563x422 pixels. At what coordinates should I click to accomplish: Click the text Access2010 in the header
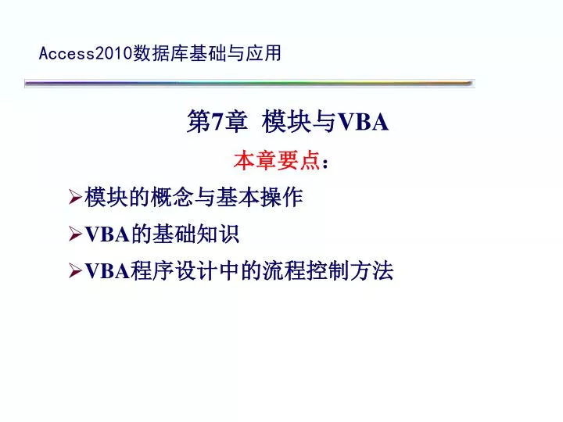(86, 53)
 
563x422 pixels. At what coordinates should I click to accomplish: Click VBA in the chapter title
(364, 121)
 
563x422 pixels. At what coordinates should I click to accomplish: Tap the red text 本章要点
(277, 161)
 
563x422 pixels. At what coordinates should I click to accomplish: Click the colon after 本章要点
(325, 163)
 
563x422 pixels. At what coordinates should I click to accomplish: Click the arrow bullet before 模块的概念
(76, 199)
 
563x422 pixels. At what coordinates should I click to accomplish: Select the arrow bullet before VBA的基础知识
(76, 234)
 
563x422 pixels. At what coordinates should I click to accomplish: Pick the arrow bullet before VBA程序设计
(76, 272)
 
